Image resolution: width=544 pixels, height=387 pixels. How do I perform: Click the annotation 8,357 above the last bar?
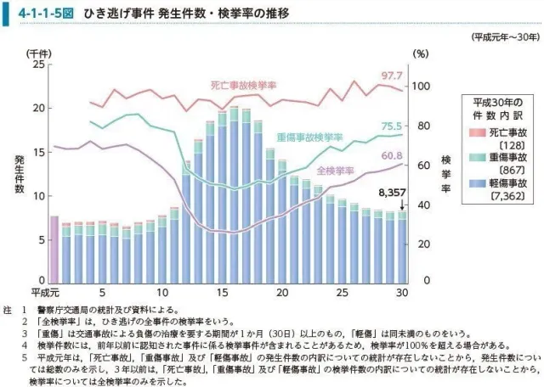coord(393,193)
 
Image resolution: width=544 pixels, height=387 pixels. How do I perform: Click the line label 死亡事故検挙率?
coord(243,86)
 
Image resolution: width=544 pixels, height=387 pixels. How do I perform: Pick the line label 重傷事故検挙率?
coord(309,136)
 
